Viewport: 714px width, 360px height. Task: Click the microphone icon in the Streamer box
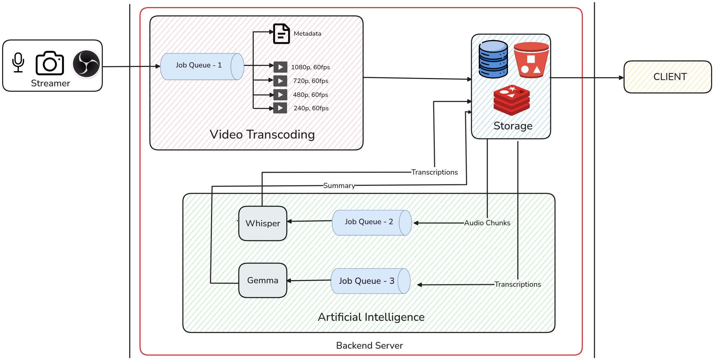(x=18, y=63)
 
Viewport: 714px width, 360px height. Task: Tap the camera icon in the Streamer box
(x=50, y=63)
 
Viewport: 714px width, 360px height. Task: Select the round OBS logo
(x=86, y=64)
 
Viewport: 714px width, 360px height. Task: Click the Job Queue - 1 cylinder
(x=202, y=66)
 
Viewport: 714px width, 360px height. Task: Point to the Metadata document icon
(x=281, y=34)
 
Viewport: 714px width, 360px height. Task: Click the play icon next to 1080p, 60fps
(x=280, y=67)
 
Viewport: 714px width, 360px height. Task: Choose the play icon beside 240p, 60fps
(x=280, y=108)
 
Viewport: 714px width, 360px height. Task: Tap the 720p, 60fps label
(x=310, y=81)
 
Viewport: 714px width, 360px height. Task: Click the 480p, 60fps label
(x=310, y=95)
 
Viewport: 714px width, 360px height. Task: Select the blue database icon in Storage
(x=493, y=59)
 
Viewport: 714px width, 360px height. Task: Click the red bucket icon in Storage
(x=531, y=60)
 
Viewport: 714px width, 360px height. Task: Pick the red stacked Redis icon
(x=512, y=100)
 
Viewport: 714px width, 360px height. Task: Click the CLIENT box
(x=668, y=77)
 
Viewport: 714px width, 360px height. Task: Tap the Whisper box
(x=263, y=223)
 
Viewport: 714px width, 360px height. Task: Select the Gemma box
(x=263, y=280)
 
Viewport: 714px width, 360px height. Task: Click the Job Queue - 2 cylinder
(x=372, y=223)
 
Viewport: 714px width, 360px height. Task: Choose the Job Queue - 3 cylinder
(x=371, y=281)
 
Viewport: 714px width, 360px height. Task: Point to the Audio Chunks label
(x=487, y=223)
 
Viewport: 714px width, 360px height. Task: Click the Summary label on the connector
(x=339, y=185)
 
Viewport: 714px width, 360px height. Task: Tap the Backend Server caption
(x=369, y=346)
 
